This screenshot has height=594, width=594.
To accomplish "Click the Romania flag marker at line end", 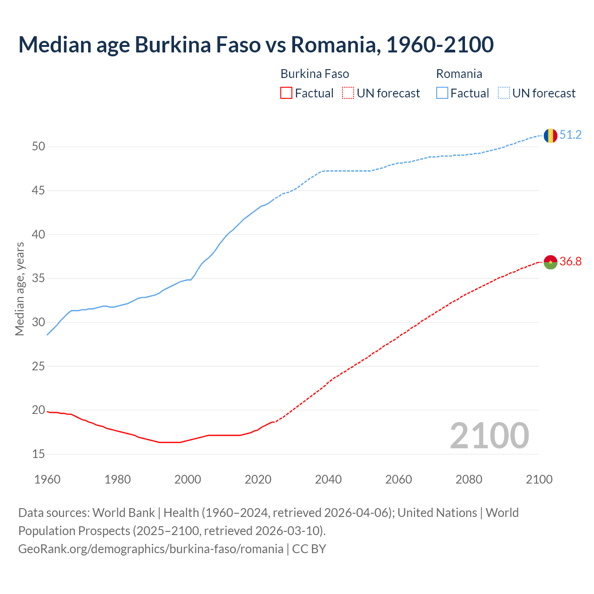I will point(550,136).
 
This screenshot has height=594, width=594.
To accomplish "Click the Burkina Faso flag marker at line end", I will point(550,262).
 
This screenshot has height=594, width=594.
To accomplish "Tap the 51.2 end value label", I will point(570,135).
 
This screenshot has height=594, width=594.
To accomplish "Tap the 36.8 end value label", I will point(570,262).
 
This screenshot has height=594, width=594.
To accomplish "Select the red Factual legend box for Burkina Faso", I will point(286,93).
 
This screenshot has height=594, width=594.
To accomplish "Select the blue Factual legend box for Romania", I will point(442,93).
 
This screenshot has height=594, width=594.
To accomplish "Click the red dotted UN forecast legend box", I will point(348,93).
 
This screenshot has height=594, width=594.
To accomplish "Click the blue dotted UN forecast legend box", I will point(504,93).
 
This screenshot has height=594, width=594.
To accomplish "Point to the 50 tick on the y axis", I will point(39,147).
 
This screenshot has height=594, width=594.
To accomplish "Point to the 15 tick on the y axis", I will point(39,454).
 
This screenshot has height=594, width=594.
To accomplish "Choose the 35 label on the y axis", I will point(39,279).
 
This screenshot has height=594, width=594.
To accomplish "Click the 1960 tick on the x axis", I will point(47,479).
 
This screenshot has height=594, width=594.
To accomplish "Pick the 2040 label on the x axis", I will point(328,479).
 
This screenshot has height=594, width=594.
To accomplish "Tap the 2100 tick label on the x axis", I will point(539,479).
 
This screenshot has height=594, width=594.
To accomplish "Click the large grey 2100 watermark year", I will point(489,436).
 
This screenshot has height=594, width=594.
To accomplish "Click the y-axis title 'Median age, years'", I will point(19,289).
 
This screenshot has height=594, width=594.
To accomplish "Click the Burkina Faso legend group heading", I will point(315,74).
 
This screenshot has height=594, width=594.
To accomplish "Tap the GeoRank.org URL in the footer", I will point(150,549).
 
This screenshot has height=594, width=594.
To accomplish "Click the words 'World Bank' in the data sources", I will point(123,513).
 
